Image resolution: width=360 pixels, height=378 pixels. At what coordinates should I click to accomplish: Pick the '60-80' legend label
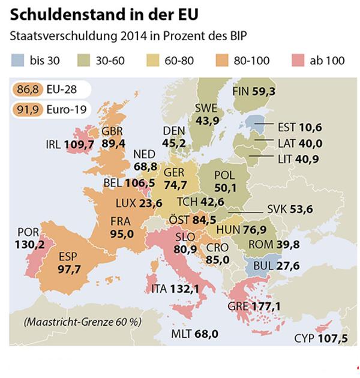[178, 60]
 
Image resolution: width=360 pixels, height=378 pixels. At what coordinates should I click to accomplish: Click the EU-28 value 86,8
[26, 91]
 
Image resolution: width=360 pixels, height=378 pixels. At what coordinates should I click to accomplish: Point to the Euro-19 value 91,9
[26, 110]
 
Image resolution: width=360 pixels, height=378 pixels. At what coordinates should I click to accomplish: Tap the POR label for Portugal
[28, 232]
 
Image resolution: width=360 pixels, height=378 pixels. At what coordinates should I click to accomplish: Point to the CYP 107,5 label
[321, 338]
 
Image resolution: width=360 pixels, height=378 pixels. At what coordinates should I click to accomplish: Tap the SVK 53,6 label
[291, 209]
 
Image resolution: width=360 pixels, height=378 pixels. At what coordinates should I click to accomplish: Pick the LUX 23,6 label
[134, 203]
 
